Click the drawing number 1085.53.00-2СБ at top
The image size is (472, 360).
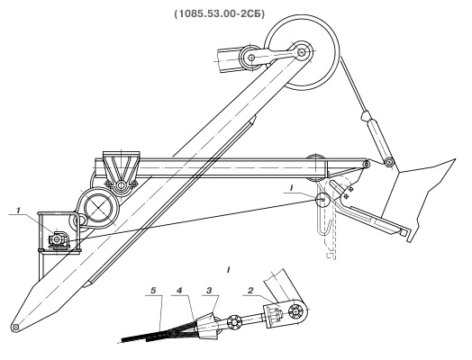pyautogui.click(x=220, y=13)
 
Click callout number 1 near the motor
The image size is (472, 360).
pyautogui.click(x=19, y=211)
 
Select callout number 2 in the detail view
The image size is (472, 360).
pyautogui.click(x=250, y=291)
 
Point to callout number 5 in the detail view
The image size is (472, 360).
pyautogui.click(x=153, y=291)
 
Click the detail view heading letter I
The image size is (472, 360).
pyautogui.click(x=229, y=270)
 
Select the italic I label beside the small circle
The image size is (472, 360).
pyautogui.click(x=291, y=188)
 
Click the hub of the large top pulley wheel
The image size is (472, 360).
pyautogui.click(x=302, y=51)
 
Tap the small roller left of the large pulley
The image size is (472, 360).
pyautogui.click(x=250, y=57)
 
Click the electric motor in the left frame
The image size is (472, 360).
pyautogui.click(x=59, y=239)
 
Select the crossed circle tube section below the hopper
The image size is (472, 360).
pyautogui.click(x=98, y=207)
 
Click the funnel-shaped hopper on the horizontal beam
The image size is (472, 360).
pyautogui.click(x=122, y=166)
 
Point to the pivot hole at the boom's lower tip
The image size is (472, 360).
pyautogui.click(x=15, y=328)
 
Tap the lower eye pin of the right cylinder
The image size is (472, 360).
pyautogui.click(x=389, y=162)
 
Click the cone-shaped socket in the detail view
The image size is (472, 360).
pyautogui.click(x=207, y=326)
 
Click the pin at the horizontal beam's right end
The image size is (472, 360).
pyautogui.click(x=366, y=165)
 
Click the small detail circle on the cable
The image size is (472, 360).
pyautogui.click(x=322, y=200)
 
